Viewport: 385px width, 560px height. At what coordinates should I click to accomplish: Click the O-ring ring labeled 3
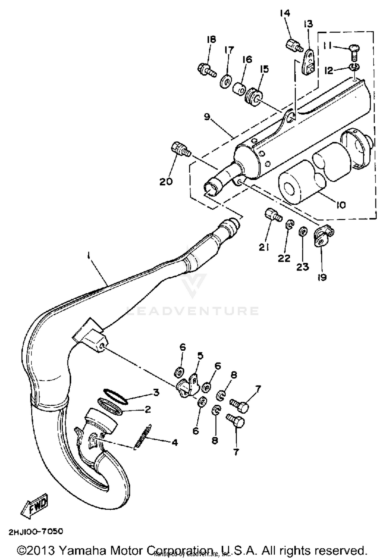tap(115, 397)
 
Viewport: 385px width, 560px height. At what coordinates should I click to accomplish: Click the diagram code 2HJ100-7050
tap(36, 532)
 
